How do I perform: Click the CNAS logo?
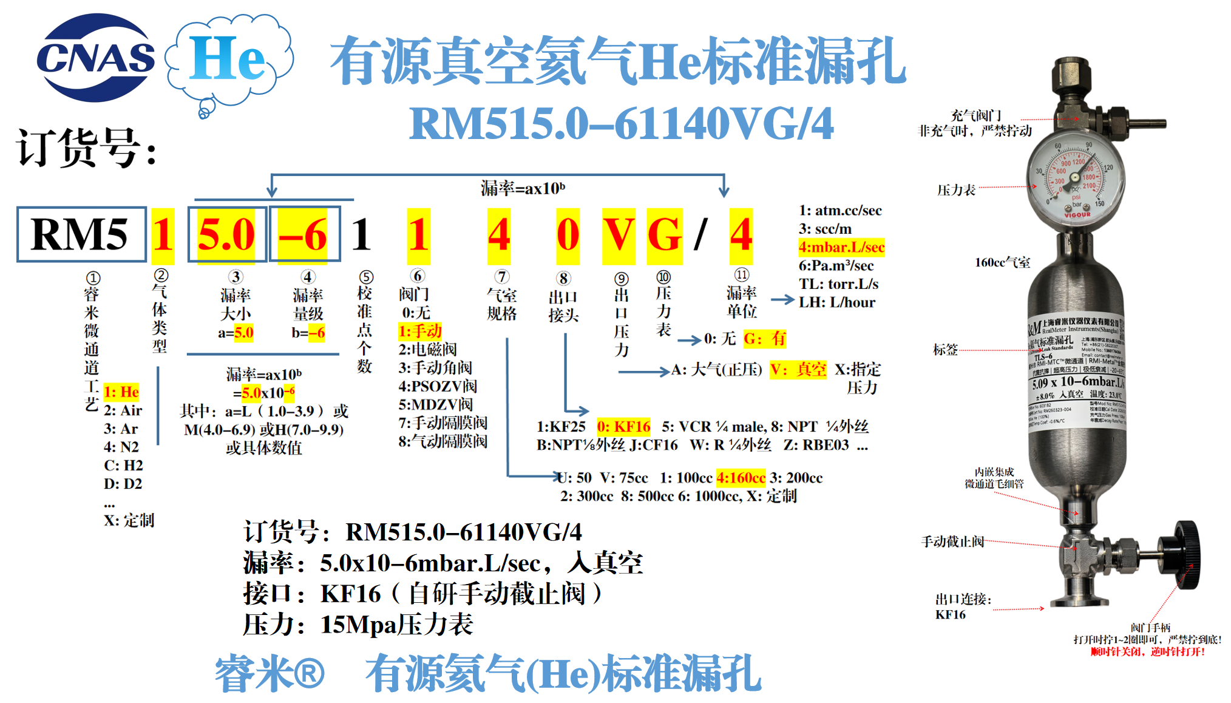click(95, 58)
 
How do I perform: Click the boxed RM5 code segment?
click(81, 235)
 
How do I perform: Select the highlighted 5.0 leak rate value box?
click(226, 235)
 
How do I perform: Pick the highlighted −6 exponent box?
click(304, 235)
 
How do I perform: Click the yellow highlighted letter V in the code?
click(618, 235)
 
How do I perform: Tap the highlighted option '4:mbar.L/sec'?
click(841, 248)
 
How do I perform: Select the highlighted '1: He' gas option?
click(121, 392)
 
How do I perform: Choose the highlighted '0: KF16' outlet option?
click(623, 427)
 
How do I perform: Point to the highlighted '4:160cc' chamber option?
click(741, 478)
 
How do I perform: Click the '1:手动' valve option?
click(420, 331)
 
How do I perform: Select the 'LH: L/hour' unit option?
click(837, 302)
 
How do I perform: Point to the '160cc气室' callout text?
click(1002, 262)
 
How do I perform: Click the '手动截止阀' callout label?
click(952, 541)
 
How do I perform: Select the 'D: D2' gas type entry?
click(123, 484)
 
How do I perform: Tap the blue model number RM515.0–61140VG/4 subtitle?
click(621, 124)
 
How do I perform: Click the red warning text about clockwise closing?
click(1147, 652)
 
